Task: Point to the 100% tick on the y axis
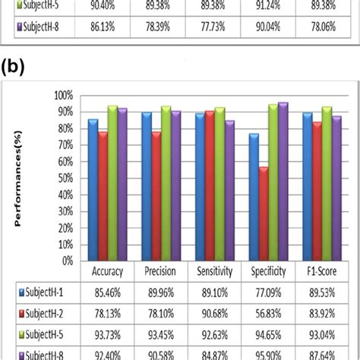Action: [63, 96]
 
